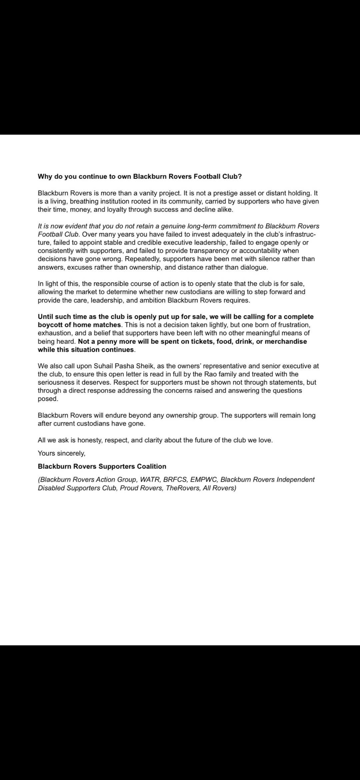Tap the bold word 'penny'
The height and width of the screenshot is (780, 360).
point(107,341)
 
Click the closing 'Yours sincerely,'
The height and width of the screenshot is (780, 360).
point(62,453)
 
